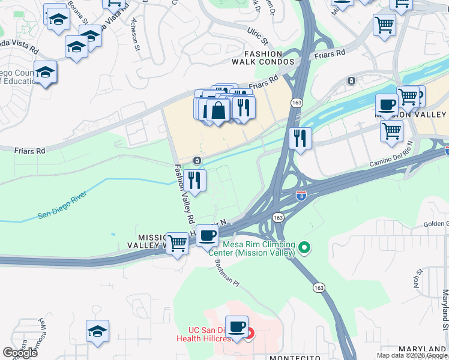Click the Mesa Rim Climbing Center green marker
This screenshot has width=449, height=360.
pyautogui.click(x=305, y=247)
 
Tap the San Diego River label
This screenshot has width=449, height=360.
pyautogui.click(x=62, y=205)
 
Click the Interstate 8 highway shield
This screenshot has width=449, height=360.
pyautogui.click(x=301, y=196)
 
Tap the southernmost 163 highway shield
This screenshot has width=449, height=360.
pyautogui.click(x=319, y=288)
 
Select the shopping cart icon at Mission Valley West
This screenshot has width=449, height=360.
pyautogui.click(x=177, y=244)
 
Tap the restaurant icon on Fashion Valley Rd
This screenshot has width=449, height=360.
pyautogui.click(x=194, y=179)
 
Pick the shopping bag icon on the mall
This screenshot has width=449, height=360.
pyautogui.click(x=218, y=110)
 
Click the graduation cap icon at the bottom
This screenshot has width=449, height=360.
pyautogui.click(x=97, y=331)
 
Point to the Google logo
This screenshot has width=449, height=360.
pyautogui.click(x=20, y=353)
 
